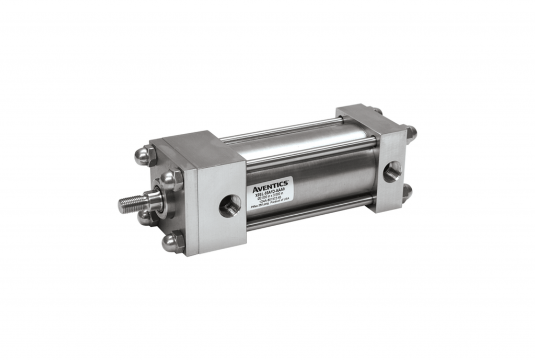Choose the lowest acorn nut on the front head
[x=173, y=242]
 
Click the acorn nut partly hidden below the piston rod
[x=144, y=217]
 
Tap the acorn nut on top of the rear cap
[x=377, y=111]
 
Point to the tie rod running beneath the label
[x=308, y=215]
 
